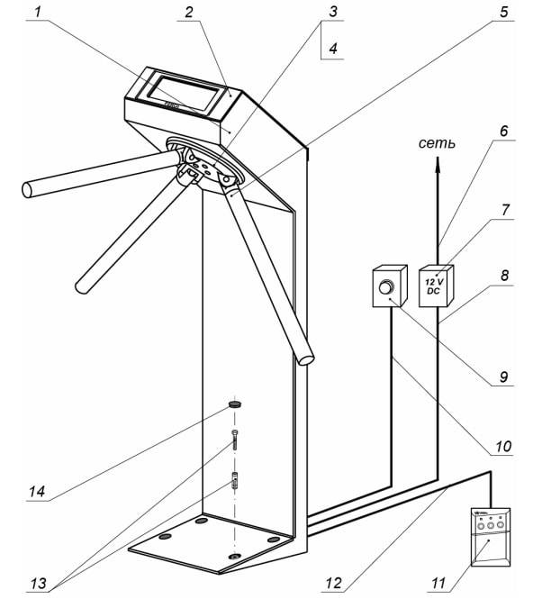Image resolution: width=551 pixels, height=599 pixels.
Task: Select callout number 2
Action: coord(187,12)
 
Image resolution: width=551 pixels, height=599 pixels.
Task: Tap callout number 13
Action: coord(41,581)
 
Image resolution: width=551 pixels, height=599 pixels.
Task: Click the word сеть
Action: coord(437,143)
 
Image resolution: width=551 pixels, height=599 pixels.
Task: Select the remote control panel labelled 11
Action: coord(490,539)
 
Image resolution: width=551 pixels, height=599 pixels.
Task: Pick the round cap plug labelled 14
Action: coord(236,407)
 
